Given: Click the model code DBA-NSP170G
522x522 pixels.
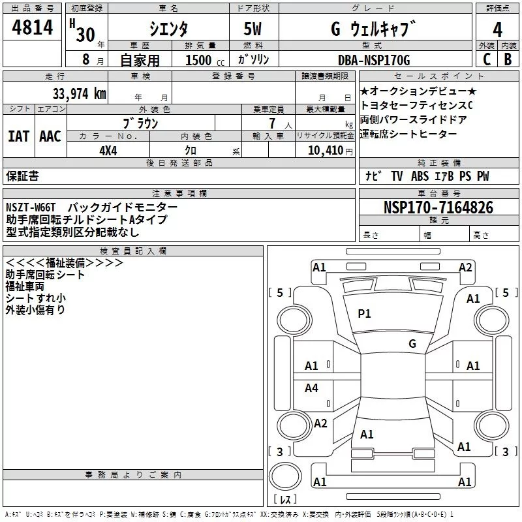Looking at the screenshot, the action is click(x=374, y=60).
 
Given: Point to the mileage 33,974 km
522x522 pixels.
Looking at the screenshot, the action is click(x=79, y=94).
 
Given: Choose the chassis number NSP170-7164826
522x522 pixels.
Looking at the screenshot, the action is click(x=438, y=207).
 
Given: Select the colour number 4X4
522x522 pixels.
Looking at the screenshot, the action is click(x=108, y=149).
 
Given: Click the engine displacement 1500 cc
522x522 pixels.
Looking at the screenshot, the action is click(x=199, y=60).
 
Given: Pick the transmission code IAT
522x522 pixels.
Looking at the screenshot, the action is click(x=18, y=136).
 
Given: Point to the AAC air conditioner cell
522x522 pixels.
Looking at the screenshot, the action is click(x=50, y=136).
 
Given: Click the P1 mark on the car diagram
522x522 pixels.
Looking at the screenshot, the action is click(x=364, y=314).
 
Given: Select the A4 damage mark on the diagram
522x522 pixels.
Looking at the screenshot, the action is click(x=312, y=388).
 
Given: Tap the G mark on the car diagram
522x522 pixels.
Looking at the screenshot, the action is click(x=412, y=344).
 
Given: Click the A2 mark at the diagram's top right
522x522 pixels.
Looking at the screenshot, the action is click(x=465, y=267).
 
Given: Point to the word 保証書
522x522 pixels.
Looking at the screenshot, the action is click(x=22, y=176).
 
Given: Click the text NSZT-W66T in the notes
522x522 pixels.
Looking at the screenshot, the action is click(x=31, y=207).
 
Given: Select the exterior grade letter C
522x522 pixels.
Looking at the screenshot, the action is click(x=487, y=60).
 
